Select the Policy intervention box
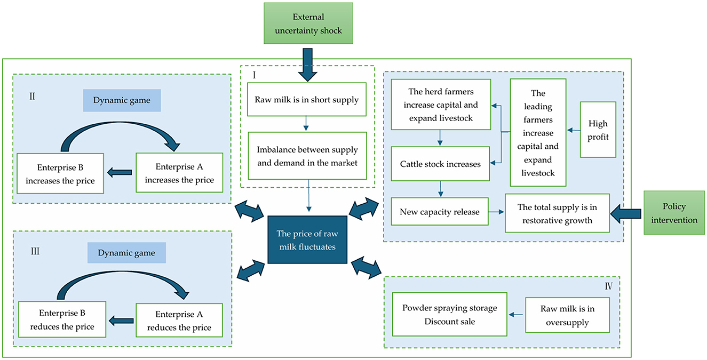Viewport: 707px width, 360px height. coord(675,213)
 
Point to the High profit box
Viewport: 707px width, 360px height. coord(598,130)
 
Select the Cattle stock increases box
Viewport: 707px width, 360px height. coord(440,164)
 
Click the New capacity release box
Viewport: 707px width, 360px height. coord(440,212)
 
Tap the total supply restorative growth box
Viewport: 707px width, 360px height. coord(557,213)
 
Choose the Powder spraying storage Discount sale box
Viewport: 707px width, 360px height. coord(449,314)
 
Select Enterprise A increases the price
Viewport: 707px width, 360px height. coord(179,173)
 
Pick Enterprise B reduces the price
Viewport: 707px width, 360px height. coord(62,319)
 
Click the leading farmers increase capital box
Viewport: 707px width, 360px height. coord(537,133)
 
